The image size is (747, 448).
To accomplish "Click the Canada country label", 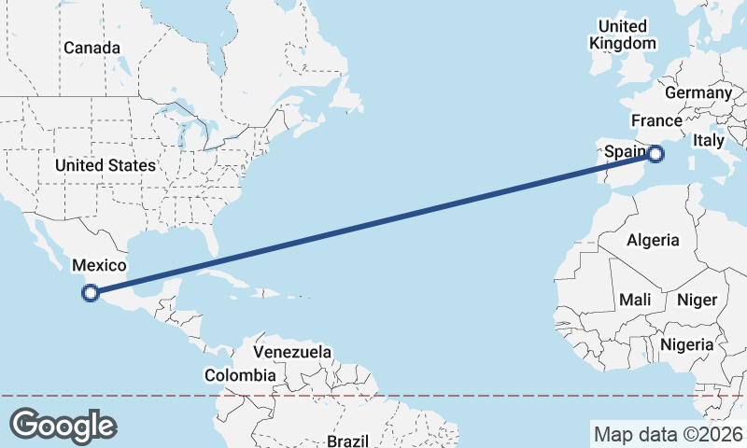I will [x=92, y=48].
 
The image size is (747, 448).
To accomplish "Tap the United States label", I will [x=105, y=165].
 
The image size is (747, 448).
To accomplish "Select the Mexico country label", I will [x=99, y=266].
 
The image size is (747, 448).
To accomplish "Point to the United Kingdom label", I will [x=623, y=35].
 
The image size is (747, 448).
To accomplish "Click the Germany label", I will [x=698, y=92].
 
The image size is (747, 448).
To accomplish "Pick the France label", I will [x=656, y=121].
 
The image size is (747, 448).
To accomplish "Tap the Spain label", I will [x=624, y=151].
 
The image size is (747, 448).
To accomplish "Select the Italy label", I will [x=709, y=141].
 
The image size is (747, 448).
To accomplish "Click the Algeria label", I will [x=653, y=240].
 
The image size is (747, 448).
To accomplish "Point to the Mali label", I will [x=634, y=300].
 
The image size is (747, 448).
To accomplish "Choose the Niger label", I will [x=696, y=300].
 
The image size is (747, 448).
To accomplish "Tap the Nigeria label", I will [x=686, y=344].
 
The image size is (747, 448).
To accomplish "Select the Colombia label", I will [x=240, y=375].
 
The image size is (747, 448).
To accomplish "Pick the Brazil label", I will [x=348, y=441].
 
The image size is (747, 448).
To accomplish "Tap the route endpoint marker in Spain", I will [x=655, y=153].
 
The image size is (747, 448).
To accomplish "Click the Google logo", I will [x=63, y=426].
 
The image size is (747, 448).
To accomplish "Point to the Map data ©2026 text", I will [x=669, y=434].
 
